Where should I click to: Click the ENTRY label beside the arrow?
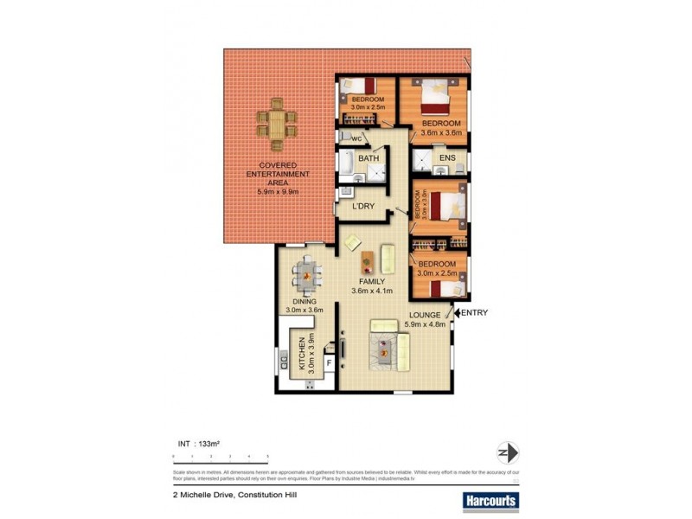pos(477,313)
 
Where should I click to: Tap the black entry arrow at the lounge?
pos(458,313)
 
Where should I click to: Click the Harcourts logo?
pos(490,500)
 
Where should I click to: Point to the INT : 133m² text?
pos(198,444)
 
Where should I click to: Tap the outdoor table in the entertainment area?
pos(276,125)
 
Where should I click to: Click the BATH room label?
pos(368,158)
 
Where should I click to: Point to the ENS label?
pos(447,158)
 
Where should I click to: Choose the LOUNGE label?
pos(424,315)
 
